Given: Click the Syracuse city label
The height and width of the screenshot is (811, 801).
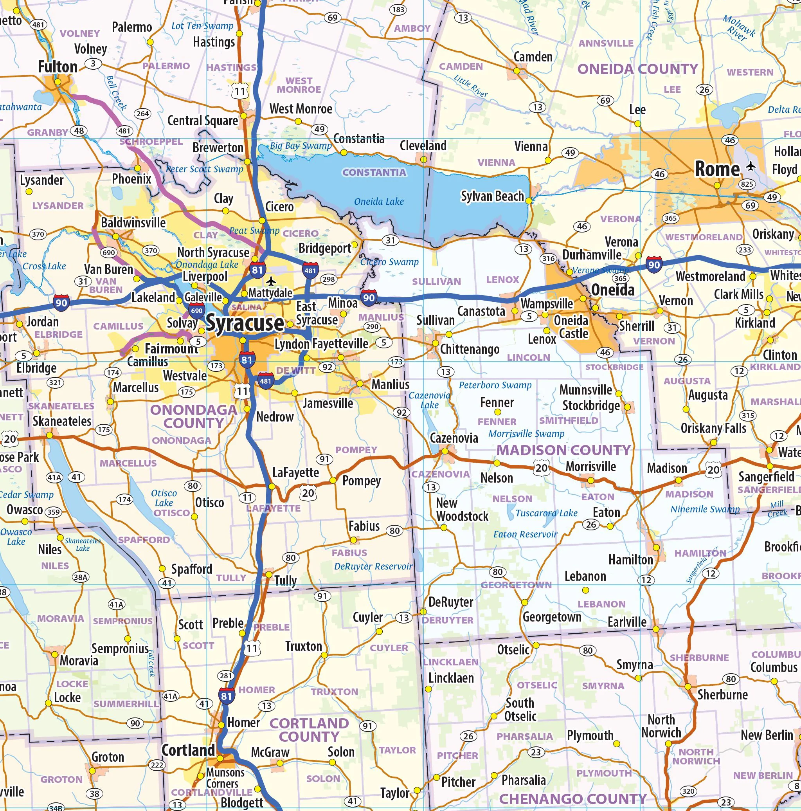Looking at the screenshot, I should [245, 323].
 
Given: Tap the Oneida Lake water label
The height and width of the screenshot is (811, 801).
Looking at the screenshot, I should [379, 202].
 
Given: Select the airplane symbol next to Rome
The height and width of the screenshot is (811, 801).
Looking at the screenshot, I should [751, 167].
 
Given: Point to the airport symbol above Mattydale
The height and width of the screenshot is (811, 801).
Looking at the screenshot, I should [272, 280].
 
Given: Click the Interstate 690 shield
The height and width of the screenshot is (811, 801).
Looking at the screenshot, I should [196, 311].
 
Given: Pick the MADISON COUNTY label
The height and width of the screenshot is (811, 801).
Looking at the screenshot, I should [563, 450].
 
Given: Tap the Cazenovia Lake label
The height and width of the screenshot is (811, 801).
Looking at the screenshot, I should [429, 400].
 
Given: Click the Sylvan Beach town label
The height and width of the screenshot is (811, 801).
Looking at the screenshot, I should [492, 196].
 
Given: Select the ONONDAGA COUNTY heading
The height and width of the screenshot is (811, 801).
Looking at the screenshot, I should [193, 416].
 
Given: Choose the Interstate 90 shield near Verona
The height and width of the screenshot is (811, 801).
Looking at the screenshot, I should [654, 265].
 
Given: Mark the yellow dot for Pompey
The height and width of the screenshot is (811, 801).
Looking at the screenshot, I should [333, 480].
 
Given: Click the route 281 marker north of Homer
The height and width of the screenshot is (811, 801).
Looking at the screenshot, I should [225, 676].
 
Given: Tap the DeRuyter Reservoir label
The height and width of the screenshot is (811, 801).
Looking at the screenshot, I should [373, 566].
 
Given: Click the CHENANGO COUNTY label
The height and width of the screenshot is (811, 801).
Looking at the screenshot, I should [572, 798].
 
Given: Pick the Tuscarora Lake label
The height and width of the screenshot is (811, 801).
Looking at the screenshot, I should [546, 513].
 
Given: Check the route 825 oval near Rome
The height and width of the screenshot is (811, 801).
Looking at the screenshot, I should [747, 184].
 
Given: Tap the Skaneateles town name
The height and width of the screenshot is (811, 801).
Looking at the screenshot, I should [62, 421].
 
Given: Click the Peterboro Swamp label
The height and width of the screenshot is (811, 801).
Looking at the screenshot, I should [495, 385].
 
